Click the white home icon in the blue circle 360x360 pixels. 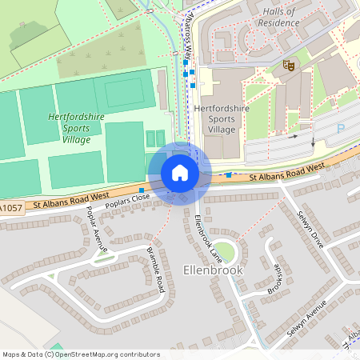pyautogui.click(x=180, y=173)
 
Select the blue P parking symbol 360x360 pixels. pyautogui.click(x=342, y=128)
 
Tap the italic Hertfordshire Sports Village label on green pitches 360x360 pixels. pyautogui.click(x=76, y=129)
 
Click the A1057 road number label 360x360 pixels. pyautogui.click(x=11, y=209)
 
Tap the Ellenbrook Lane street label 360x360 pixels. pyautogui.click(x=208, y=239)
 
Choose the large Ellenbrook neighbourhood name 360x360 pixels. pyautogui.click(x=212, y=270)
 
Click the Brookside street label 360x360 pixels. pyautogui.click(x=274, y=278)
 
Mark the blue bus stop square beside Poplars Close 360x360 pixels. pyautogui.click(x=142, y=190)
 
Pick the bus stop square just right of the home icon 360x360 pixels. pyautogui.click(x=229, y=174)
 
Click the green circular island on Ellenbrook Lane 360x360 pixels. pyautogui.click(x=226, y=253)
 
